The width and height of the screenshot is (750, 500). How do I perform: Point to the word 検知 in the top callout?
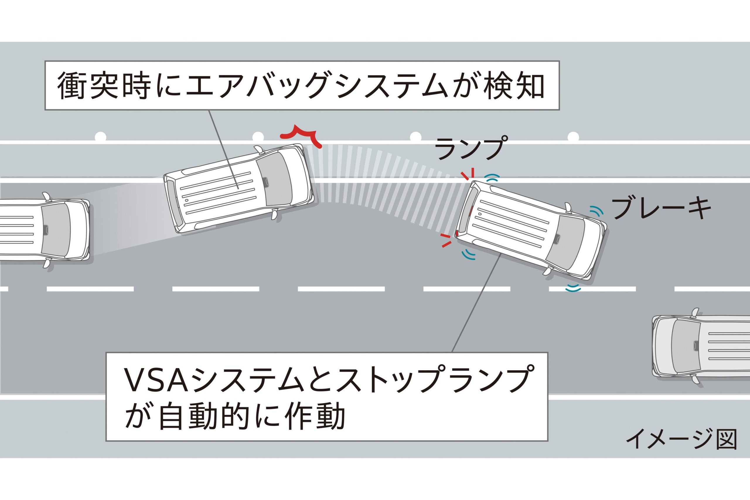(513, 86)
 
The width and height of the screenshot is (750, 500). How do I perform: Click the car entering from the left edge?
(45, 230)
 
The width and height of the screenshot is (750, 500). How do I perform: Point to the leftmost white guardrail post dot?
(101, 136)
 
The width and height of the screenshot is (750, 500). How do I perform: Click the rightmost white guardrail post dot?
(573, 136)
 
